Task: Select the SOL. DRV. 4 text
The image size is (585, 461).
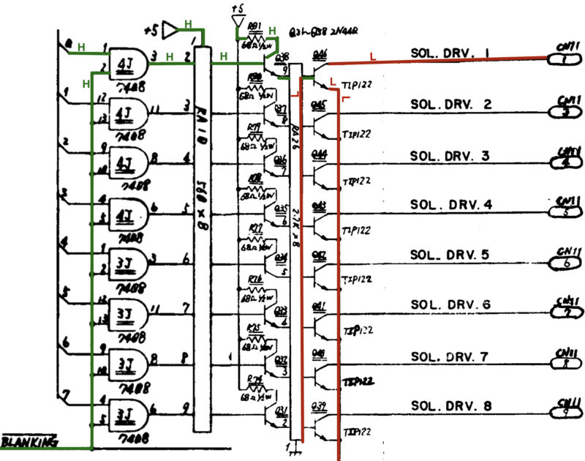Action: (x=450, y=204)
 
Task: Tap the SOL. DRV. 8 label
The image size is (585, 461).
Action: (x=450, y=405)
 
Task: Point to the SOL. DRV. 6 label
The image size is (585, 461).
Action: (x=450, y=304)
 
